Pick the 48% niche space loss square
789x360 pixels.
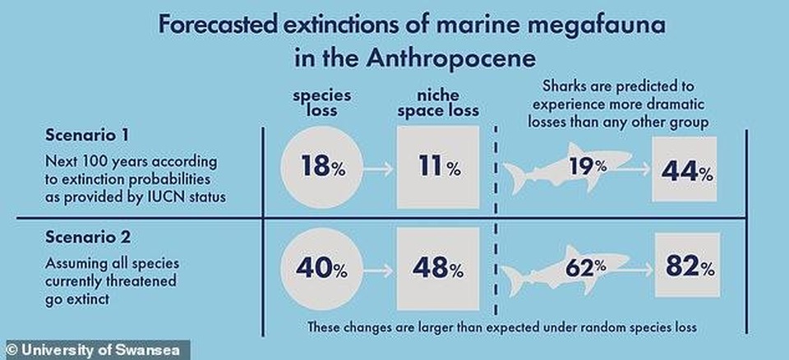435,268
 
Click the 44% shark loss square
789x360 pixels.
685,170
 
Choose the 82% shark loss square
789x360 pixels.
685,266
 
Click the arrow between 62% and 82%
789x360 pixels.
641,268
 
